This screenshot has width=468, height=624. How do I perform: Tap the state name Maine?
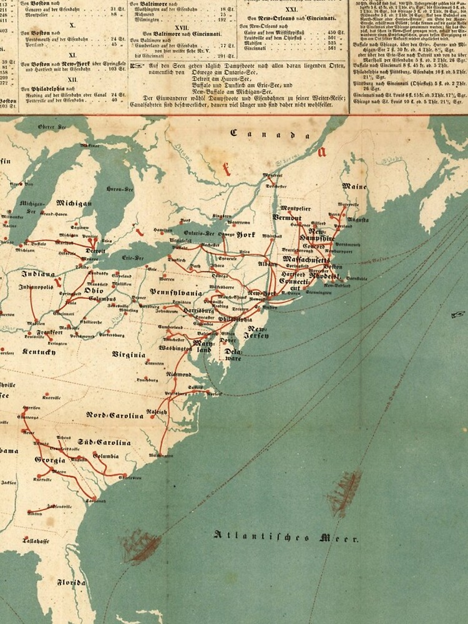[x=354, y=186]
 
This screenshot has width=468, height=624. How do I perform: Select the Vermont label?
[x=287, y=217]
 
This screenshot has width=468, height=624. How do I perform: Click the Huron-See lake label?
[x=120, y=189]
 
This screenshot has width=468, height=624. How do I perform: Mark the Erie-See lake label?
[x=132, y=257]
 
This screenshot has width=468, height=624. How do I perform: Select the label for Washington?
[x=175, y=348]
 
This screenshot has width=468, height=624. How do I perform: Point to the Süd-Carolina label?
[x=104, y=442]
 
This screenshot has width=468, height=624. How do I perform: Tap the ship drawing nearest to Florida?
[x=140, y=547]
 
